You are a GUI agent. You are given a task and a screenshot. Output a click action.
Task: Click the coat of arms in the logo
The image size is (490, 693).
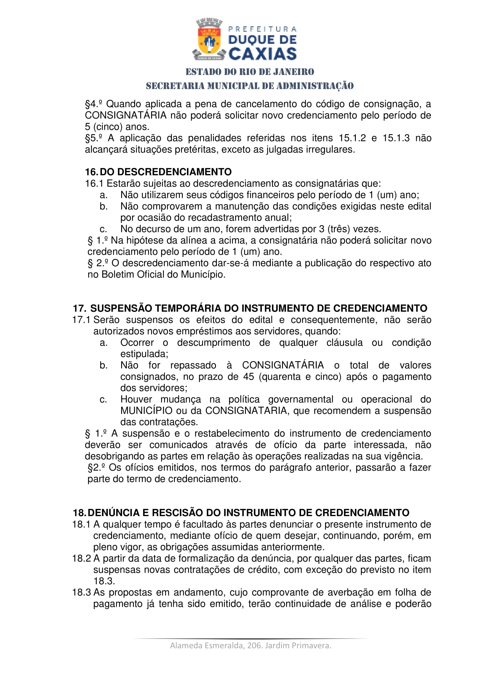[x=209, y=39]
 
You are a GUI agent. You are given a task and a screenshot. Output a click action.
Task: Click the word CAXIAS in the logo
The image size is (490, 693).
[x=262, y=54]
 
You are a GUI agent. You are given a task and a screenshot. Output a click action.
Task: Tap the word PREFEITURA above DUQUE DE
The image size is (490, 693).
[x=262, y=29]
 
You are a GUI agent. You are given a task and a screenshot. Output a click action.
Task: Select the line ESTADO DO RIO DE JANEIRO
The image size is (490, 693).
[x=249, y=72]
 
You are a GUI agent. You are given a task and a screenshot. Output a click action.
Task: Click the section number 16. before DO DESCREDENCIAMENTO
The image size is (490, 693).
[x=91, y=172]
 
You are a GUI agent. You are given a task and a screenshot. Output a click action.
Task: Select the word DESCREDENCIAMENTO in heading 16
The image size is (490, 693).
[x=174, y=172]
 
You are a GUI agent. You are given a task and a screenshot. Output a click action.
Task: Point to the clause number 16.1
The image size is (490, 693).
[x=94, y=183]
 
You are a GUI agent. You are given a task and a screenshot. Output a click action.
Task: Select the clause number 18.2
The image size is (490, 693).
[x=81, y=558]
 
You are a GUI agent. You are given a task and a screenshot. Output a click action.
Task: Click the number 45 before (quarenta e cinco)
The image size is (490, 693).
[x=249, y=377]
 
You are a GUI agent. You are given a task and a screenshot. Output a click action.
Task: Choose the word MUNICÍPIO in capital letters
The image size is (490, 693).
[x=146, y=411]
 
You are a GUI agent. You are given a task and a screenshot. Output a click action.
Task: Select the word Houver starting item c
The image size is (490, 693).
[x=136, y=399]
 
